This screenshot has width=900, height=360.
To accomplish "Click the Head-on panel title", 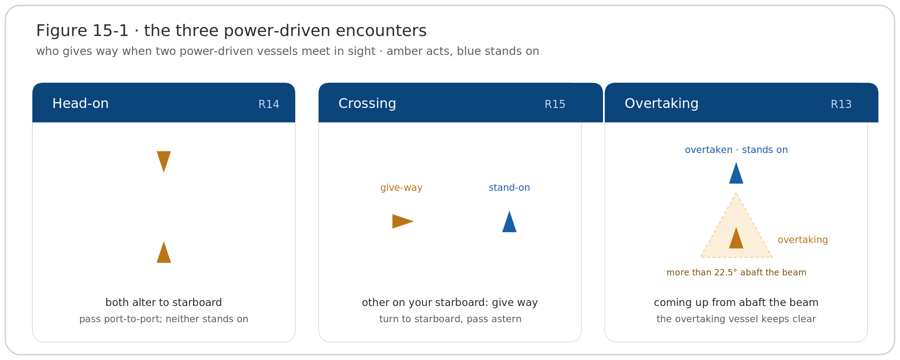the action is [x=81, y=103].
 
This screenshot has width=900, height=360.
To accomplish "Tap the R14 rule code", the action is [x=269, y=104].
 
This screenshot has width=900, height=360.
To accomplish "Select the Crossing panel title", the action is [x=367, y=103].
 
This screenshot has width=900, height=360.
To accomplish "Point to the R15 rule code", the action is [x=555, y=104].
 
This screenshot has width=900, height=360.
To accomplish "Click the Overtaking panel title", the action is [x=661, y=103].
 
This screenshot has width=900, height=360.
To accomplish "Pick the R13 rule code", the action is [x=841, y=104].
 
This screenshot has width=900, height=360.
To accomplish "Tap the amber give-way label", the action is [x=401, y=188].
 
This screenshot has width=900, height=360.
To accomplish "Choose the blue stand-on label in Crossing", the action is [x=509, y=188].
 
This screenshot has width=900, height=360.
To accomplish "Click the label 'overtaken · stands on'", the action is [x=736, y=150].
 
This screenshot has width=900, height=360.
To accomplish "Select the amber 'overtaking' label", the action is [x=803, y=240].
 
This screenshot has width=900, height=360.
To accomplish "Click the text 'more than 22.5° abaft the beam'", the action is [x=736, y=273].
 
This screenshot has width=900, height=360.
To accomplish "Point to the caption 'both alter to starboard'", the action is [x=164, y=302].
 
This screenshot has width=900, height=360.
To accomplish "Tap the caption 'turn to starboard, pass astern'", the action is [x=450, y=319].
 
